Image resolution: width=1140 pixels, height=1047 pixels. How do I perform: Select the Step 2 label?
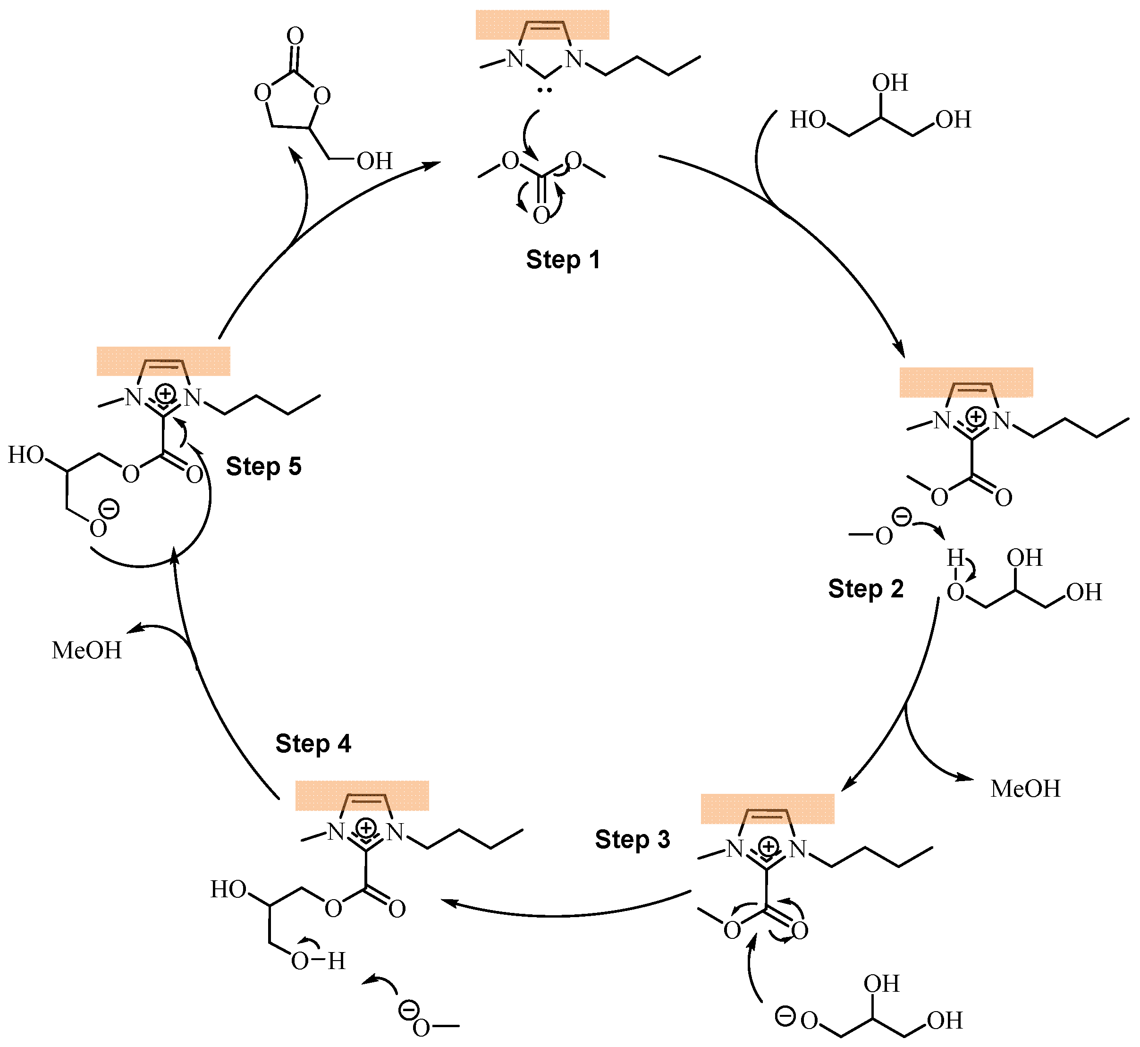click(x=865, y=589)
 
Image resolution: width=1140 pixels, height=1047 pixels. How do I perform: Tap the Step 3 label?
click(x=632, y=840)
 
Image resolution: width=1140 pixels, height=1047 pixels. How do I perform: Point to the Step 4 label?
click(x=313, y=744)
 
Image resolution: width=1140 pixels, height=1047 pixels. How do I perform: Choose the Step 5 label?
click(x=263, y=467)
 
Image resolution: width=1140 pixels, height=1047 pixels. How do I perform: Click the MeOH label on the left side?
click(x=87, y=650)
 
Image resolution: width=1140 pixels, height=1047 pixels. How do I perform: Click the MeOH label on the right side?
click(x=1025, y=789)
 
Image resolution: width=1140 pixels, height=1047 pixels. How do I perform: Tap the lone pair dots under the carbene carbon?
click(x=545, y=90)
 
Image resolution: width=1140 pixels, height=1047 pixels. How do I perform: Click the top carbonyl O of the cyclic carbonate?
click(x=295, y=36)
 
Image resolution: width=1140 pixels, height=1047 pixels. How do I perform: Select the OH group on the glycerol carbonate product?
click(x=374, y=162)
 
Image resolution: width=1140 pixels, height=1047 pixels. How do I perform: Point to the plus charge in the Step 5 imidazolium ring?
click(x=165, y=392)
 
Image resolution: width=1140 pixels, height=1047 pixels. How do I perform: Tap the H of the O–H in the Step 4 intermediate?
click(x=337, y=961)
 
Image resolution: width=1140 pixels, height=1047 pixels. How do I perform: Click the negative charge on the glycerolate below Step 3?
click(x=785, y=1016)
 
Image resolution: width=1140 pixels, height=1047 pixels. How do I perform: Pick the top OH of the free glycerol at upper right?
click(x=890, y=83)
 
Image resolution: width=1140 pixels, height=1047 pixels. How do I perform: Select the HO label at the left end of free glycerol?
click(x=808, y=120)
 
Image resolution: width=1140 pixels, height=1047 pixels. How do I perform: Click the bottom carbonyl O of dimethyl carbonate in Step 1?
click(x=541, y=215)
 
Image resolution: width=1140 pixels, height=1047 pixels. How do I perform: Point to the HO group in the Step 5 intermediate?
click(x=25, y=455)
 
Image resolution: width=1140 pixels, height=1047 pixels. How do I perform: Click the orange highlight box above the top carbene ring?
click(x=542, y=25)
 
